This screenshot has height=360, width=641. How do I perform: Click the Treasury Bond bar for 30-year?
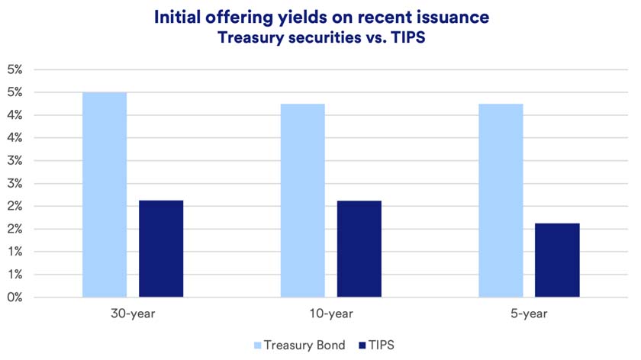point(105,194)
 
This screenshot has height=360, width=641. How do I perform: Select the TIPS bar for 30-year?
point(161,249)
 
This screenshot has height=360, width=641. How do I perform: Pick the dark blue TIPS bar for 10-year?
point(359,249)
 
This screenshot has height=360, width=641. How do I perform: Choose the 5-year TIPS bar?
point(557,260)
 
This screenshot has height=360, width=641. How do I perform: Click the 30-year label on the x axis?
point(133,313)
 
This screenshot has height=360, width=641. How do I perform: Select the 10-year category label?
point(331,313)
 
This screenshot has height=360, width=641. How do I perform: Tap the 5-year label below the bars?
point(529,313)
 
